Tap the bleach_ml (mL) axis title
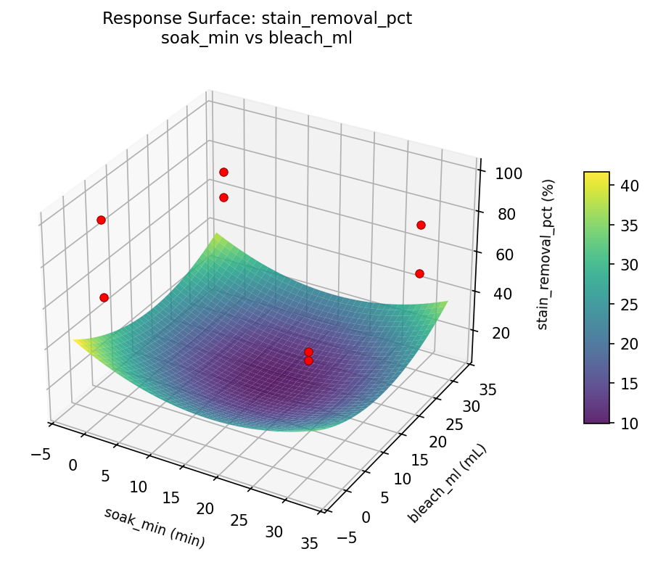[x=446, y=484]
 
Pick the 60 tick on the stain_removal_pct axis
[x=497, y=255]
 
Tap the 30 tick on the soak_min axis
[x=273, y=532]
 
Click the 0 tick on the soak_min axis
[x=73, y=465]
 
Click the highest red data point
[x=223, y=172]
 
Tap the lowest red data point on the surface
[x=308, y=360]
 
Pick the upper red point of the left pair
[x=101, y=220]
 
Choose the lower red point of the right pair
[x=419, y=273]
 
